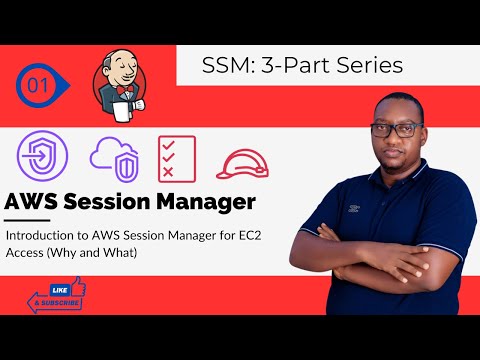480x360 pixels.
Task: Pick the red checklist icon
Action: pyautogui.click(x=176, y=157)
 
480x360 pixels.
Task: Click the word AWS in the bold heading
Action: pyautogui.click(x=37, y=203)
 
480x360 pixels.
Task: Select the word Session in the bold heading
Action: pyautogui.click(x=114, y=203)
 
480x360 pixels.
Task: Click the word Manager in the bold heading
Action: pyautogui.click(x=207, y=203)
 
